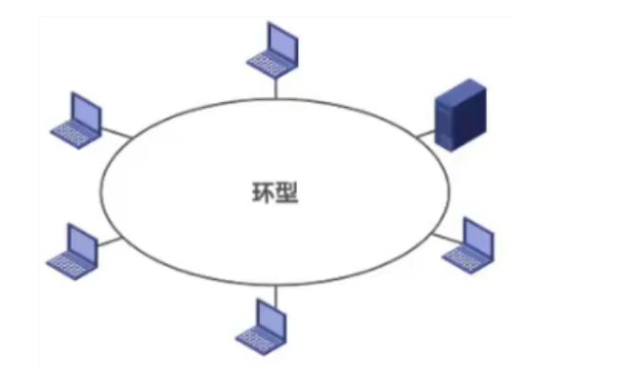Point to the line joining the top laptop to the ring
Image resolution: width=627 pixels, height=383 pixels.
(x=275, y=86)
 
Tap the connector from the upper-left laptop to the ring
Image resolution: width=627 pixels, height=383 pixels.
(x=116, y=131)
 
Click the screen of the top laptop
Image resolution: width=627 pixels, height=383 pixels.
(x=281, y=42)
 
